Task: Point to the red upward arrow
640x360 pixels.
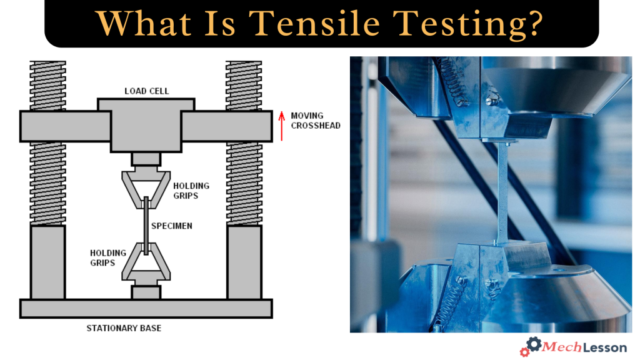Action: [282, 126]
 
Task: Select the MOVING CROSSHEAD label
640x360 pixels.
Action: [315, 121]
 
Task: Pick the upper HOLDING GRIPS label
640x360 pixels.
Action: [191, 191]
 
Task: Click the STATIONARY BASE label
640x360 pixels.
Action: [146, 327]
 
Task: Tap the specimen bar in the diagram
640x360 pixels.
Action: [146, 226]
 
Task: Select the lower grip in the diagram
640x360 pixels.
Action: [146, 266]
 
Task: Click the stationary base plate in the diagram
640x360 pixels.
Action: [146, 308]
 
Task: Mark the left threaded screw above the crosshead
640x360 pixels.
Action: [47, 85]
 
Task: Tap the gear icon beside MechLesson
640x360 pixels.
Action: [531, 346]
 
